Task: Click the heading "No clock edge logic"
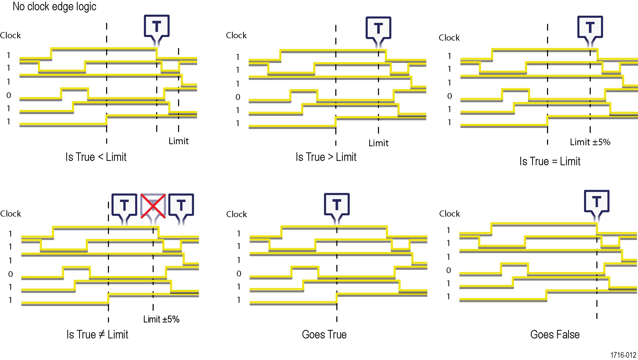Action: (54, 7)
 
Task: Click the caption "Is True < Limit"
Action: (96, 157)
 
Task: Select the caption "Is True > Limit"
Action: (326, 157)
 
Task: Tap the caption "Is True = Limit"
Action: (550, 161)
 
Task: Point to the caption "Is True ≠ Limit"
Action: (97, 335)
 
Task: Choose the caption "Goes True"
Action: (324, 335)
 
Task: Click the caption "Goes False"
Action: (555, 335)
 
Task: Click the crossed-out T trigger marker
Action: (153, 206)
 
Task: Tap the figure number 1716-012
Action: (623, 355)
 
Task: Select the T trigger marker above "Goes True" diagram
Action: (337, 205)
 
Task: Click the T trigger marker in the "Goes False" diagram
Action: (597, 201)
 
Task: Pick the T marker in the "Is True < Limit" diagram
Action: (156, 26)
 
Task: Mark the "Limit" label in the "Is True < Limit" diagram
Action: (179, 141)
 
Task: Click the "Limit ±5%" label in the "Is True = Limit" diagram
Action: (590, 142)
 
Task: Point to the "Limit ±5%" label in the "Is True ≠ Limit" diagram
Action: (161, 319)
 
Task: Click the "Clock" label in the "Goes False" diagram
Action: (449, 214)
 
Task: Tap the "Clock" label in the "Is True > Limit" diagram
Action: (236, 35)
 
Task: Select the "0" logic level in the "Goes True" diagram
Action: (239, 274)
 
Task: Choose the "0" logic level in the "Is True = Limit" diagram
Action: (449, 96)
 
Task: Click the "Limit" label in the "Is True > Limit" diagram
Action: (378, 143)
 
